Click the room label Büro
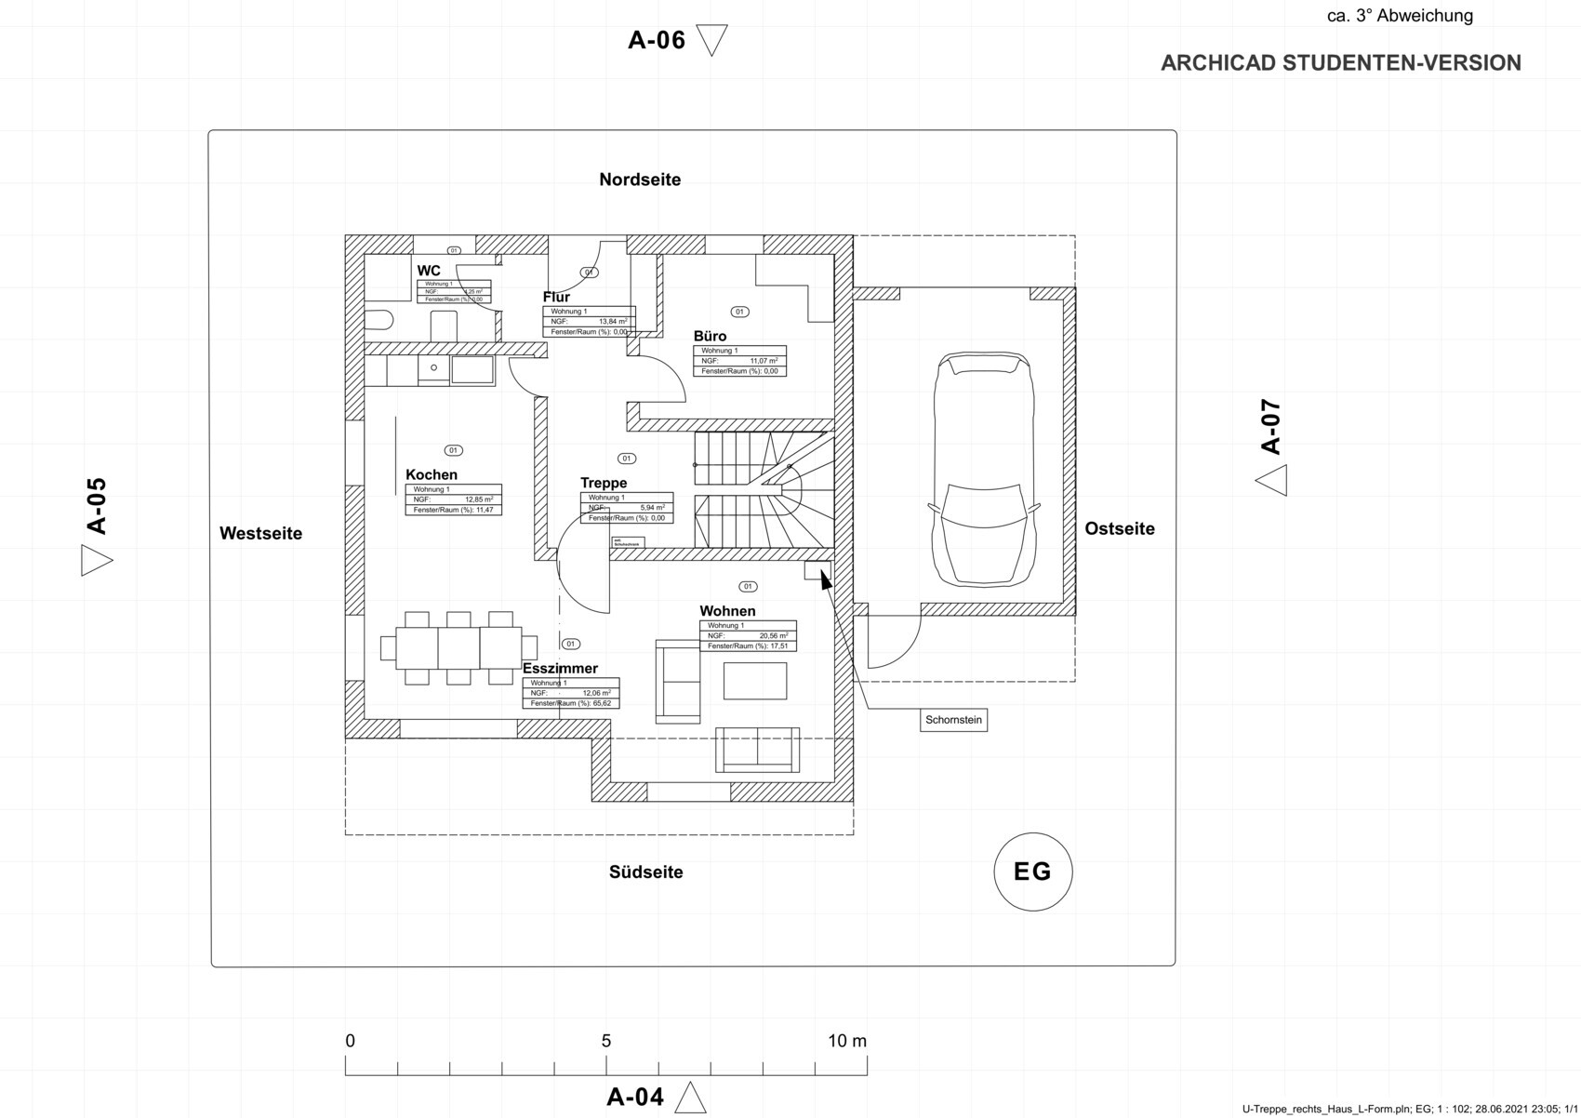pos(710,336)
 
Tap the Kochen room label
pos(432,474)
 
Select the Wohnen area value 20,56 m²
pos(773,636)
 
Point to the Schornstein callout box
pos(953,720)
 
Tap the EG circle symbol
pos(1032,872)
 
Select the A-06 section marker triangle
pos(711,41)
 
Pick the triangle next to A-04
pos(690,1098)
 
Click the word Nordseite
pos(640,180)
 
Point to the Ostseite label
pos(1120,528)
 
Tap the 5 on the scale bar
pos(606,1041)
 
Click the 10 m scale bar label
pos(846,1041)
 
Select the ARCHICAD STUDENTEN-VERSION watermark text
pos(1340,63)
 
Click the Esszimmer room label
pos(560,668)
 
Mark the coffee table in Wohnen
pos(755,681)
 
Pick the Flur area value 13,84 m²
pos(612,322)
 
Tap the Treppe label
pos(604,483)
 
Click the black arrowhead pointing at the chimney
pos(825,581)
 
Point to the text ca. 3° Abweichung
pos(1400,16)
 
